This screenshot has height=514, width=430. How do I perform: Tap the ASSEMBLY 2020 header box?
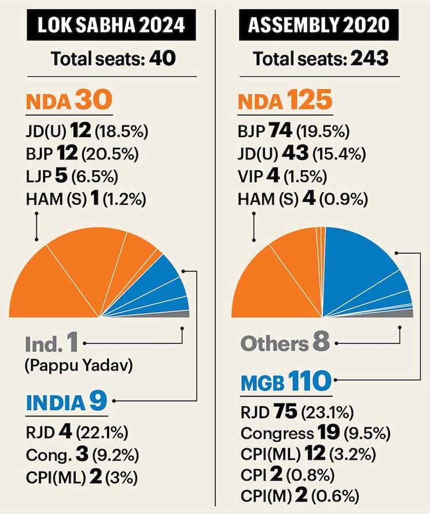click(x=320, y=25)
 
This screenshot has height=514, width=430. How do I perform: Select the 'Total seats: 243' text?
click(x=321, y=59)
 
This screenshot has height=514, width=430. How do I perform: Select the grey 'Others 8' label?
click(x=285, y=344)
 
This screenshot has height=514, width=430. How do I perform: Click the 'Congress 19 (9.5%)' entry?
click(x=308, y=433)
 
